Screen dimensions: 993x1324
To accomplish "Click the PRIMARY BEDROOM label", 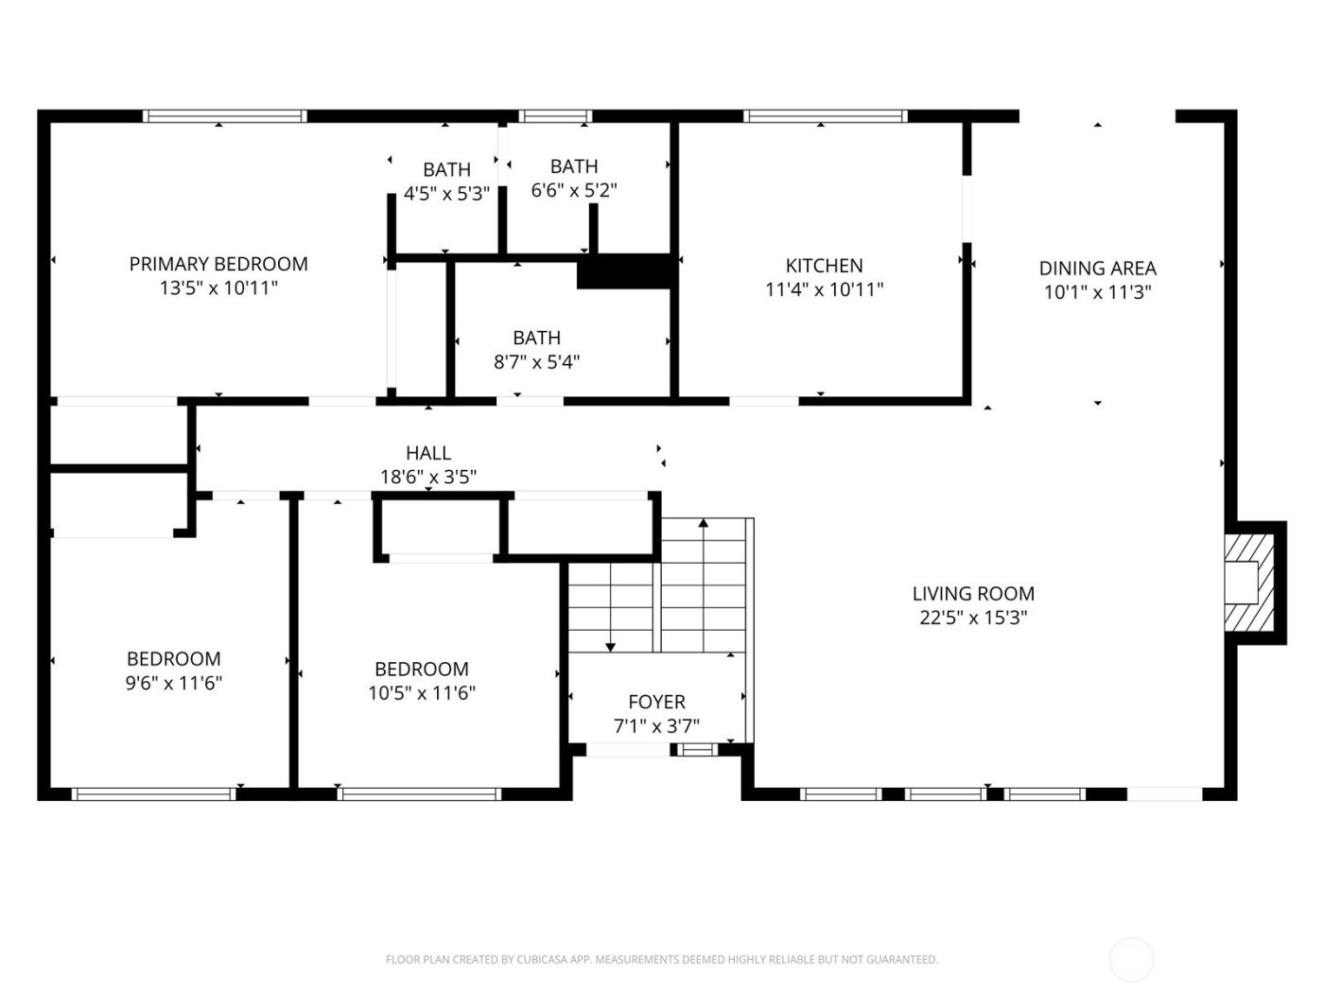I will click(x=218, y=264).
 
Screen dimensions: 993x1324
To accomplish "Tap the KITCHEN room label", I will click(x=824, y=266).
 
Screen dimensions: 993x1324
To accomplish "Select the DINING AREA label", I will click(x=1097, y=269).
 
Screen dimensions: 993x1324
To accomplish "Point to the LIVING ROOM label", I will click(x=973, y=594).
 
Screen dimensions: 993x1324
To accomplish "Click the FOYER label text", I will click(x=656, y=702).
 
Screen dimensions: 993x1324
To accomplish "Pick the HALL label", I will click(x=428, y=453).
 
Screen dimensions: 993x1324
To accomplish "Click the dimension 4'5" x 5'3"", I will click(x=446, y=194).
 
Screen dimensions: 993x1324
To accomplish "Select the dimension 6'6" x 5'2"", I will click(x=574, y=190).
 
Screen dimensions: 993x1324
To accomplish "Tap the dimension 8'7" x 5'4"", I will click(x=536, y=361).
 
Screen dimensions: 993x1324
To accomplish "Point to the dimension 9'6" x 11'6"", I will click(x=174, y=683).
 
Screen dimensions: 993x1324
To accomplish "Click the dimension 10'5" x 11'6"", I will click(x=422, y=693).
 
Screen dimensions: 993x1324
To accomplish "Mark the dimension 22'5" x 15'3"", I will click(x=973, y=618).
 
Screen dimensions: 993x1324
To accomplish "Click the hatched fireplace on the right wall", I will click(x=1246, y=582).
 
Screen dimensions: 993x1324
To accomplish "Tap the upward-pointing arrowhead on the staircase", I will click(x=704, y=523).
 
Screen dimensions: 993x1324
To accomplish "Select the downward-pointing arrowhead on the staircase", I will click(x=610, y=647).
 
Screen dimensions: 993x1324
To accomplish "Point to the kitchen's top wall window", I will click(x=825, y=116).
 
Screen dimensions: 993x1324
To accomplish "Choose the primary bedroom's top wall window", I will click(x=225, y=116).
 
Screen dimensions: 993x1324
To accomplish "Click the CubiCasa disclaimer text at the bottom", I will click(x=661, y=960).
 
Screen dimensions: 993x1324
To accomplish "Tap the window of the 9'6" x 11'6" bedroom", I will click(x=154, y=794).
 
